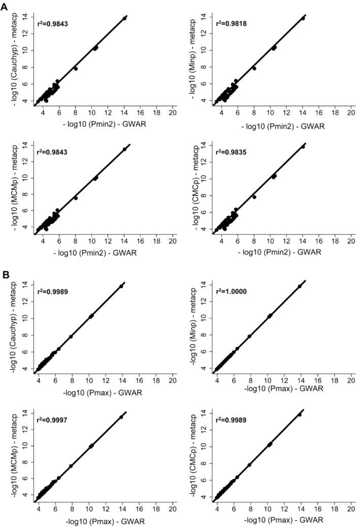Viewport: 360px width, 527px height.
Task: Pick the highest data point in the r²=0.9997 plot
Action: tap(121, 417)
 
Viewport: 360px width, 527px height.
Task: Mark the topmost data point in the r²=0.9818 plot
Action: tap(303, 18)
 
